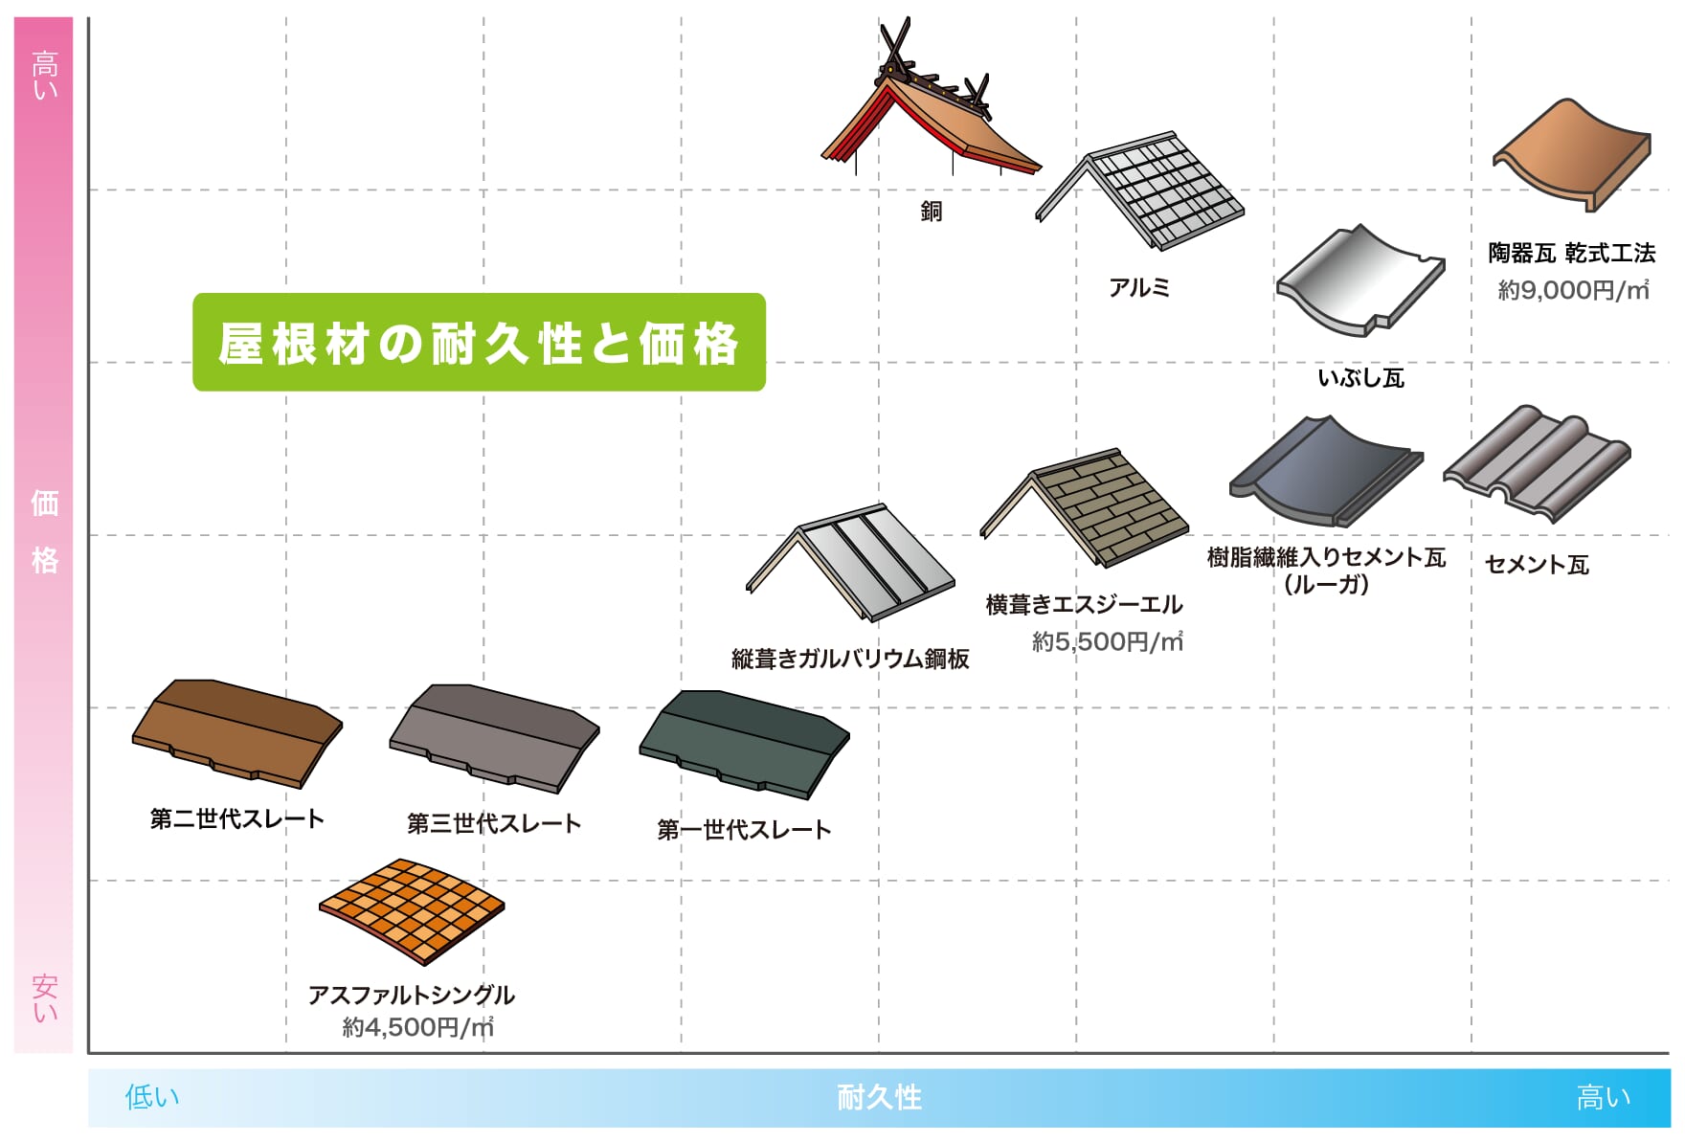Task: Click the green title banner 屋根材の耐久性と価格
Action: click(479, 342)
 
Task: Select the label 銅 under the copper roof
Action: click(932, 211)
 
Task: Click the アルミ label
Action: click(1139, 287)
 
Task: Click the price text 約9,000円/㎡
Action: click(1573, 290)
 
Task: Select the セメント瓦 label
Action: click(1537, 565)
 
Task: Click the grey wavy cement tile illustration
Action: click(1537, 463)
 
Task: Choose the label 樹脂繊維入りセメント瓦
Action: click(1326, 557)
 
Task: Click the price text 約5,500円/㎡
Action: click(1108, 641)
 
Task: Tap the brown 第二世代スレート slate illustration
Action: click(236, 733)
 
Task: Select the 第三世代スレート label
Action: click(494, 823)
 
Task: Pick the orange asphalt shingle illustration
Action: click(412, 910)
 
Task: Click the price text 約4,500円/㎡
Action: click(418, 1027)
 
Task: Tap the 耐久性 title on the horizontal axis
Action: click(879, 1097)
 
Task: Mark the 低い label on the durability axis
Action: click(152, 1097)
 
